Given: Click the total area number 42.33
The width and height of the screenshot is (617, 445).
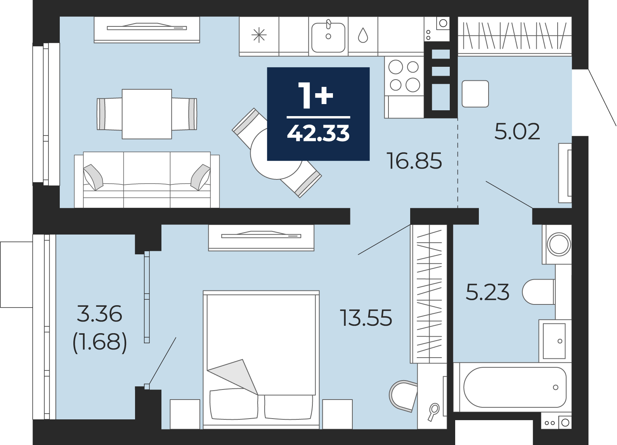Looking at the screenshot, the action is [x=318, y=133].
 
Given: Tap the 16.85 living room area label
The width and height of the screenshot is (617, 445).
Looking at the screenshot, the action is [x=414, y=161].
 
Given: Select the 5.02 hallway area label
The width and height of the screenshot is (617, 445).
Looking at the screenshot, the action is [x=517, y=132].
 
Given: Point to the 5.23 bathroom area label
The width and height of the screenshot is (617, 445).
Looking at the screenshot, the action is [x=487, y=292].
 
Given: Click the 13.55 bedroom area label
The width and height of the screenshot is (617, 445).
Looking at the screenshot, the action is [x=366, y=318].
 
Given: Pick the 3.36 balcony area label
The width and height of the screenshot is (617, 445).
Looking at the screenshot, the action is [x=99, y=313].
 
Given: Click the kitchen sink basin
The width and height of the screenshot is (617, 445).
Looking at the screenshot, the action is [x=328, y=37].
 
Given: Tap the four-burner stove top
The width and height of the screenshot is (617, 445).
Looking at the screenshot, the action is [x=404, y=76].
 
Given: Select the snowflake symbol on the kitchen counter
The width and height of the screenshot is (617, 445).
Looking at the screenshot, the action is [x=259, y=36].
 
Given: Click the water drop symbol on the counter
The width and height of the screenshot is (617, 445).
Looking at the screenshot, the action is [x=363, y=35].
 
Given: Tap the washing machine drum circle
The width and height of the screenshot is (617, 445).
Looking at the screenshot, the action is [x=559, y=244].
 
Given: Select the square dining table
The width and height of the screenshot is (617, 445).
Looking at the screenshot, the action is [x=147, y=114].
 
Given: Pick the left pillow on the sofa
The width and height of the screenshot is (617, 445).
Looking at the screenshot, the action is [x=93, y=177].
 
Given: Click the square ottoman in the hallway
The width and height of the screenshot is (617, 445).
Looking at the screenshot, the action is [x=475, y=94].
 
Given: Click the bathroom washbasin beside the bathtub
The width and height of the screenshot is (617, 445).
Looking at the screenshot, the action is [x=554, y=341].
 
